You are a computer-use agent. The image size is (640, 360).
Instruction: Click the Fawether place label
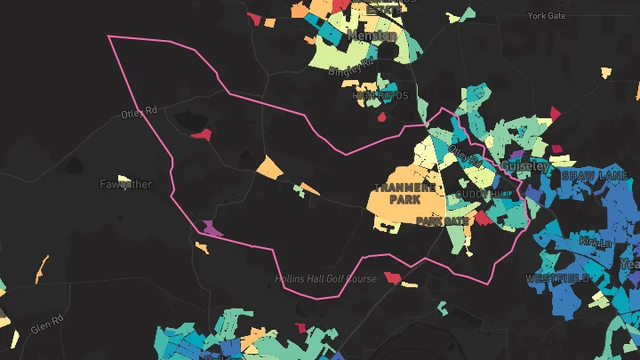(125, 185)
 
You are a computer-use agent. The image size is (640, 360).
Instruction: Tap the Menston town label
(372, 36)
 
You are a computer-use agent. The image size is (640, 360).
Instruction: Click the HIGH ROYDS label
(380, 94)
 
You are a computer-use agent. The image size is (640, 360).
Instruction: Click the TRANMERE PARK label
(404, 194)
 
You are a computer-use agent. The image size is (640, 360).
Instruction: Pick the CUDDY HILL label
(484, 194)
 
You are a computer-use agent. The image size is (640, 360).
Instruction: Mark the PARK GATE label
(442, 220)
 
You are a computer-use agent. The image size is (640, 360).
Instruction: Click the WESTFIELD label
(556, 278)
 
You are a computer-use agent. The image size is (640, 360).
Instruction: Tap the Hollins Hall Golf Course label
(325, 279)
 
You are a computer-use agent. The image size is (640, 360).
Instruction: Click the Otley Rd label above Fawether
(139, 113)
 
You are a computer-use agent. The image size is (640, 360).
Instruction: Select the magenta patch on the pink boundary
(212, 228)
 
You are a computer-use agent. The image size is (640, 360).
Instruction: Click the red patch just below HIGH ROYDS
(382, 116)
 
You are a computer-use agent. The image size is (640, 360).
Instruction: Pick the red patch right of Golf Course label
(392, 278)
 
